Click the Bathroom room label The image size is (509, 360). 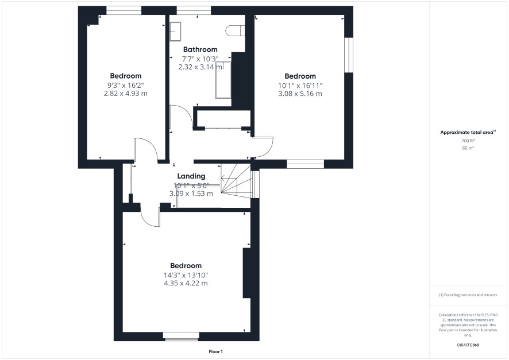click(x=200, y=49)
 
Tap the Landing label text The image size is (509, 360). click(x=191, y=176)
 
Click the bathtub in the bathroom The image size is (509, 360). click(x=223, y=80)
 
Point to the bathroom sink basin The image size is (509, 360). click(x=176, y=32)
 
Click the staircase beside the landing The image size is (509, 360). click(x=236, y=180)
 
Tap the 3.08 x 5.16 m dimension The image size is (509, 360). click(x=300, y=94)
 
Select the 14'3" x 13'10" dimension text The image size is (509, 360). click(x=186, y=276)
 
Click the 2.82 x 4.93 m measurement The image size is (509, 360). click(x=126, y=94)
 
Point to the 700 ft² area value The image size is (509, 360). click(x=468, y=141)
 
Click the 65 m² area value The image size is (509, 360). click(x=468, y=148)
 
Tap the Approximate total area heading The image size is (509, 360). click(x=468, y=132)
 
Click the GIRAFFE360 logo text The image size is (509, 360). click(x=468, y=345)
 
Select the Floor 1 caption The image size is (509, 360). click(x=215, y=351)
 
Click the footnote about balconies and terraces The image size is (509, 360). click(x=468, y=295)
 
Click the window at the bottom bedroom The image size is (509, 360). click(x=181, y=336)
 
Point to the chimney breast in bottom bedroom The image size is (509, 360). click(x=246, y=273)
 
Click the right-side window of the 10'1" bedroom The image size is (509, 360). click(x=349, y=55)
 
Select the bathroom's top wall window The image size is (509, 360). click(x=194, y=11)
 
